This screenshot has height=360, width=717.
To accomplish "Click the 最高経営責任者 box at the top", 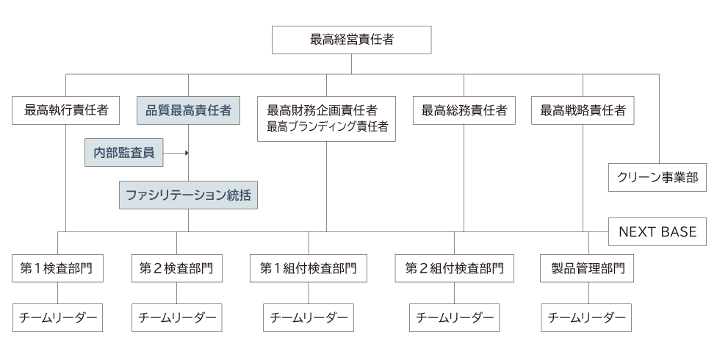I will click(351, 40).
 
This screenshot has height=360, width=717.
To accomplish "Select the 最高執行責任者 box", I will click(66, 110).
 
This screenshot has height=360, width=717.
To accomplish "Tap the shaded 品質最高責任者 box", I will click(188, 110).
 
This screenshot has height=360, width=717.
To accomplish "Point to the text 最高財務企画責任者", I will click(322, 110).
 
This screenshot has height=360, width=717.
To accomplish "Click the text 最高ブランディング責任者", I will click(326, 126).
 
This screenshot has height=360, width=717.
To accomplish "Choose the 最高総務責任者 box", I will click(464, 110).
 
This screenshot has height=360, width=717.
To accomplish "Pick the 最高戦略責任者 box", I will click(583, 110).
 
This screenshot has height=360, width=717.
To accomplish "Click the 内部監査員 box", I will click(123, 153).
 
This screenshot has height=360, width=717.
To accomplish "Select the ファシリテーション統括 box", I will click(188, 195).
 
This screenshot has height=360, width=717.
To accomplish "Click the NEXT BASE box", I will click(657, 231).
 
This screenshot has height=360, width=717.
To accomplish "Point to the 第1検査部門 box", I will click(57, 268).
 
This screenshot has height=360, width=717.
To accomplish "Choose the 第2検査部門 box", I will click(176, 268).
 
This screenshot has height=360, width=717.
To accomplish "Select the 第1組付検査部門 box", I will click(308, 268).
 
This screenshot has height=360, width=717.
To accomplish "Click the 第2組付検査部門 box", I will click(454, 268).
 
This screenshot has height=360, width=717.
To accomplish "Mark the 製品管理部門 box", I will click(588, 268).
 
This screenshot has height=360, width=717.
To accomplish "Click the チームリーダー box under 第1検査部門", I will click(57, 317).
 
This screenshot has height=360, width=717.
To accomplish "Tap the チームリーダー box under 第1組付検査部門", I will click(308, 317).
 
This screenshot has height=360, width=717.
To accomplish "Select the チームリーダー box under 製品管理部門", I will click(588, 317).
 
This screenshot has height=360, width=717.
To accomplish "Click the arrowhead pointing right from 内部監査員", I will click(187, 154).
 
